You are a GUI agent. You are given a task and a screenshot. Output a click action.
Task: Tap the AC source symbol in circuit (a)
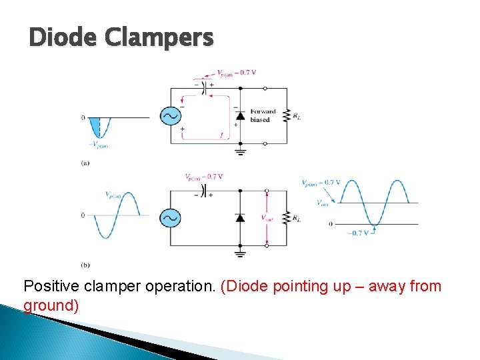coord(169,116)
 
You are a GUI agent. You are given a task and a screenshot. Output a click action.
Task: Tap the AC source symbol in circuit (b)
coord(169,218)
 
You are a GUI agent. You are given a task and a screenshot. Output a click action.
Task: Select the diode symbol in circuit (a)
coord(239,115)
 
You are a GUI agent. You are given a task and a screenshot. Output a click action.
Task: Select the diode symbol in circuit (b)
coord(239,217)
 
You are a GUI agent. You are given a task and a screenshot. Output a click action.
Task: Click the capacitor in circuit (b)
coord(204,191)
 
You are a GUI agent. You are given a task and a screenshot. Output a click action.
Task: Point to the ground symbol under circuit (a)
coord(239,151)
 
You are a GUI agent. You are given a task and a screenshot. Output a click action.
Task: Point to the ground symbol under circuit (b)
coord(239,253)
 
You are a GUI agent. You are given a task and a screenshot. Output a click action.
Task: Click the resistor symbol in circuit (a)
coord(287,115)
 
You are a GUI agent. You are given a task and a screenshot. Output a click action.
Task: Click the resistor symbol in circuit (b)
coord(287,217)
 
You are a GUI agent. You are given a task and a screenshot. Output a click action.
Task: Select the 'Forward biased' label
coord(263,115)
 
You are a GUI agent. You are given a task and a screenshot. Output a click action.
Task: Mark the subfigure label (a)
coord(85,163)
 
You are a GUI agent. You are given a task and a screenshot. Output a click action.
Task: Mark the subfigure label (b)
coord(85,265)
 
